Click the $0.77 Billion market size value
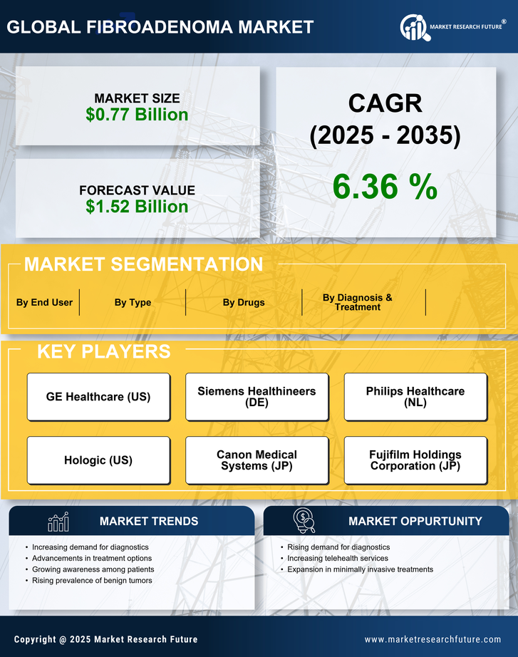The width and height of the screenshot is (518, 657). pyautogui.click(x=137, y=115)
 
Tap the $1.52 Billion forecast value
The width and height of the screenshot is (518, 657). pyautogui.click(x=137, y=207)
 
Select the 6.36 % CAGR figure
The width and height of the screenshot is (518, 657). pyautogui.click(x=385, y=187)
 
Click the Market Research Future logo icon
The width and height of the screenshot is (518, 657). pyautogui.click(x=413, y=28)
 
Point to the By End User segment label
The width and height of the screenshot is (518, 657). pyautogui.click(x=44, y=302)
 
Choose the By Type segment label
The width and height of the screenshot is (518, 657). pyautogui.click(x=133, y=302)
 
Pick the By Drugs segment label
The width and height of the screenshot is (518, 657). pyautogui.click(x=243, y=302)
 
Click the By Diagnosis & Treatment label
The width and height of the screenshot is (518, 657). pyautogui.click(x=357, y=302)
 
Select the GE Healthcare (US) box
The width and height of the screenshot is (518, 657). pyautogui.click(x=98, y=397)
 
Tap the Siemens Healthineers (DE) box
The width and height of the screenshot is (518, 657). pyautogui.click(x=257, y=397)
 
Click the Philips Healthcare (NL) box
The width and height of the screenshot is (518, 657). pyautogui.click(x=415, y=397)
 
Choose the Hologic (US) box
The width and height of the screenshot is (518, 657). pyautogui.click(x=98, y=460)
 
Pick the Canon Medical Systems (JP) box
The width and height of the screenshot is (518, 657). pyautogui.click(x=257, y=460)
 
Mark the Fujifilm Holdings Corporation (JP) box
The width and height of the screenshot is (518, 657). pyautogui.click(x=415, y=460)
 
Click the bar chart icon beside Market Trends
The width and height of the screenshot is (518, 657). pyautogui.click(x=58, y=522)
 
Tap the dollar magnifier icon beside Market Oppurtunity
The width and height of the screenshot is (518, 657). pyautogui.click(x=304, y=522)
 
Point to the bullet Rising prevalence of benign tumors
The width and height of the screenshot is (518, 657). pyautogui.click(x=92, y=581)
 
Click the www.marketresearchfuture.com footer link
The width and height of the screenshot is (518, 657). pyautogui.click(x=432, y=639)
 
